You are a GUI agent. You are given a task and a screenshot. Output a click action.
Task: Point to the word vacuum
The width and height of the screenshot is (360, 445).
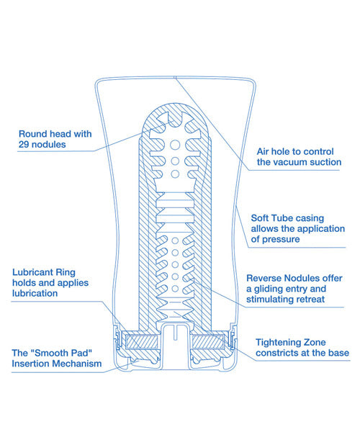coord(297,163)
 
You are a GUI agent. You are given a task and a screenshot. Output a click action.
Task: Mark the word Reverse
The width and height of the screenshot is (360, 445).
coord(266,277)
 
